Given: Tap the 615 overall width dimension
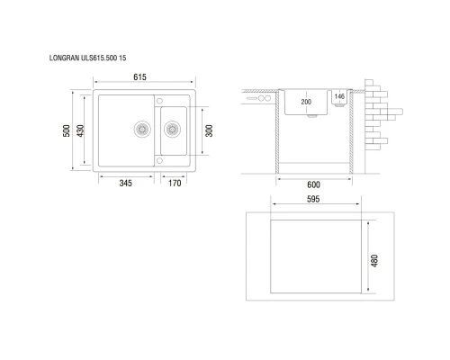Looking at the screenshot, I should point(140,78).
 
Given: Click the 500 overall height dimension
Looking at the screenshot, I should point(67,130).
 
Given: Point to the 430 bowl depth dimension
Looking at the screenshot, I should point(81,130).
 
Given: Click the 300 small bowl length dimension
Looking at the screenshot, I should point(209,130).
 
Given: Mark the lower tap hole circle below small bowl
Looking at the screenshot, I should point(158,160).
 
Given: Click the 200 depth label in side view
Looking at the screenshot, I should point(306,103).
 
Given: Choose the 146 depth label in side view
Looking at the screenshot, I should point(339,95).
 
